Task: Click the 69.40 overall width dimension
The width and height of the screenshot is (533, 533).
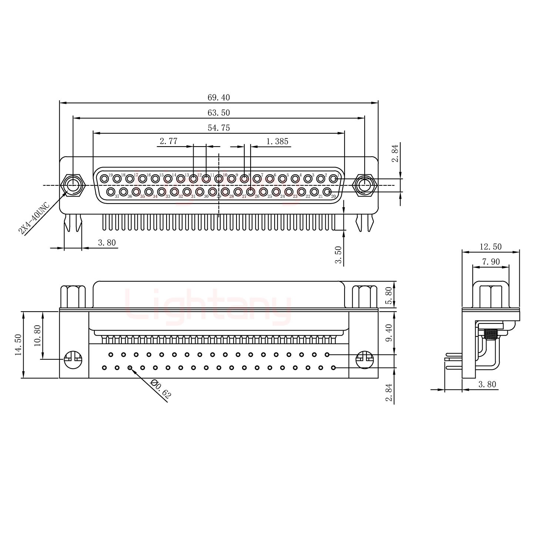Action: (218, 98)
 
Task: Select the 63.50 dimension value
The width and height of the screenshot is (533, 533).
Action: (218, 113)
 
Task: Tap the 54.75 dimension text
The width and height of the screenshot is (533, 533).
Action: (218, 128)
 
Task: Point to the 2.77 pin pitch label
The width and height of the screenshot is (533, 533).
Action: (168, 141)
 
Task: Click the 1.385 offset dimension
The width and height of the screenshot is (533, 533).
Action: (277, 141)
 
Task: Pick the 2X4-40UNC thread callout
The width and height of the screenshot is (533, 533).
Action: (34, 218)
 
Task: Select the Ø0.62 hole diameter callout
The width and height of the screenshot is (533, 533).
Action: (161, 389)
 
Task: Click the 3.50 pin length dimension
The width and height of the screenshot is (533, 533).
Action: (338, 255)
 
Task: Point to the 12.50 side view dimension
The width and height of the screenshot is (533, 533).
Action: (490, 247)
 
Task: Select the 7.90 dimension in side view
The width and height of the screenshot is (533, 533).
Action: (490, 262)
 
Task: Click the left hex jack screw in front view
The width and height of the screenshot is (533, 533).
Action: (73, 184)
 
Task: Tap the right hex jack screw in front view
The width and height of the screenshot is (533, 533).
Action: (365, 184)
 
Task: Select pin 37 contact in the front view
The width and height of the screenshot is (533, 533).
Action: (111, 191)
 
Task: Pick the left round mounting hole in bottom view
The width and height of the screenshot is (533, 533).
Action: (73, 359)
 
